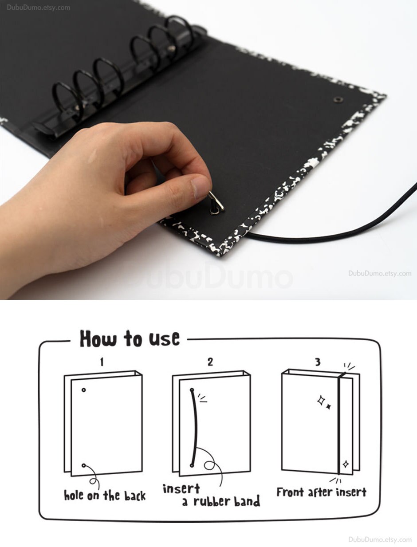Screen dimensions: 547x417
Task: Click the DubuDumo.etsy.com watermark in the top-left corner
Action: tap(38, 8)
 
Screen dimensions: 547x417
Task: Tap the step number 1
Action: tap(102, 362)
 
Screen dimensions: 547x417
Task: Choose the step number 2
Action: tap(210, 362)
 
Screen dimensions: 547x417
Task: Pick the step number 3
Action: tap(318, 362)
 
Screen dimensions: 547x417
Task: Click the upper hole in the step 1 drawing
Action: tap(83, 390)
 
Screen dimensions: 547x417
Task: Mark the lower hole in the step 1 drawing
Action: tap(83, 465)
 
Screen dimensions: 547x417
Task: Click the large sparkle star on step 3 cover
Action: tap(321, 401)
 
